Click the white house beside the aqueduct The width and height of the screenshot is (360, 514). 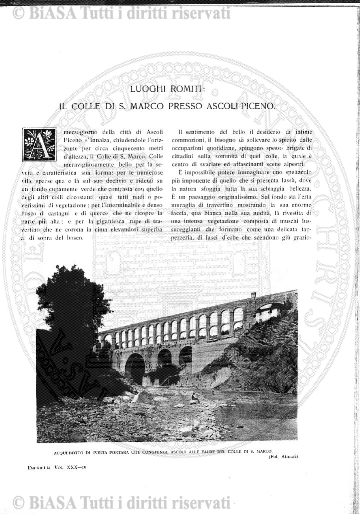click(x=265, y=313)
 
